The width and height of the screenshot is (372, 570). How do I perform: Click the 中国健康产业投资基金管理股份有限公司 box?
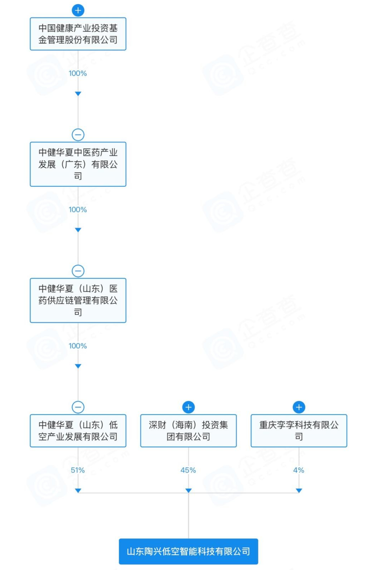tap(78, 34)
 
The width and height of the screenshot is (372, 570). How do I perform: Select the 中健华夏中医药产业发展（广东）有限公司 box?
tap(78, 164)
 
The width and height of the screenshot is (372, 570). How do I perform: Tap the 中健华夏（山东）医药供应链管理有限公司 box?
tap(78, 300)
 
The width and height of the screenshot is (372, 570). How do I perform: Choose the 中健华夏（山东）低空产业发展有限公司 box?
tap(78, 430)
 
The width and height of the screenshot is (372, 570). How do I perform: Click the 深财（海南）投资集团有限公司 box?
tap(188, 430)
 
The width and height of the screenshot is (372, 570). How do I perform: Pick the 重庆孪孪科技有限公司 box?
tap(299, 430)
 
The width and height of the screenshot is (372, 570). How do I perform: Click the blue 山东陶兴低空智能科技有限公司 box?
tap(188, 551)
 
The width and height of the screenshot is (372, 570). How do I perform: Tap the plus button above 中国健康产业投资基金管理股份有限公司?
tap(78, 10)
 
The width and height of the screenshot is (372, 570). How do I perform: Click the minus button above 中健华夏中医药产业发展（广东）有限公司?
tap(78, 135)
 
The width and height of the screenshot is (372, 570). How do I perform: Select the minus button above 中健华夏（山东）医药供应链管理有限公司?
tap(78, 271)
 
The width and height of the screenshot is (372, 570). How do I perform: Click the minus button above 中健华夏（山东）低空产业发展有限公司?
tap(78, 407)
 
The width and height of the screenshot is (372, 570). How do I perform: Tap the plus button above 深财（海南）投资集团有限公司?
tap(188, 407)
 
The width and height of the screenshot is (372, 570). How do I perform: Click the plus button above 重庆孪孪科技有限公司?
tap(299, 407)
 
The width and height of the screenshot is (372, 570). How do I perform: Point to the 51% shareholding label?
tap(78, 470)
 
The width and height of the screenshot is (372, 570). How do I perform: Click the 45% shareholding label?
tap(188, 470)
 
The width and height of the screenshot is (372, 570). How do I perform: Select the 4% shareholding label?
tap(298, 470)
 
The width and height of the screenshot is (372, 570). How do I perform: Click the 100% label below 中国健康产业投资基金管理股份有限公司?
tap(78, 73)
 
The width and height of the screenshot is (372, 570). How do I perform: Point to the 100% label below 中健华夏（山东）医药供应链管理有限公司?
tap(78, 346)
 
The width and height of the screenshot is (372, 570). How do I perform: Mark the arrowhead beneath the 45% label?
tap(188, 491)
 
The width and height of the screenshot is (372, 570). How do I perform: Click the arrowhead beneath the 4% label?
tap(299, 491)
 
